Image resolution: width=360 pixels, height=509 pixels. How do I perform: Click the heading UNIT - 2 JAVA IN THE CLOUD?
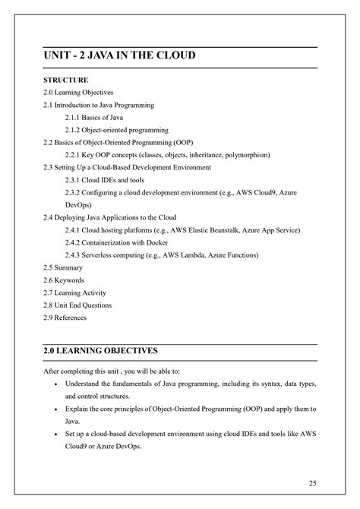click(x=119, y=56)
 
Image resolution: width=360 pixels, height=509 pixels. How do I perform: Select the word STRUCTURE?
click(x=66, y=80)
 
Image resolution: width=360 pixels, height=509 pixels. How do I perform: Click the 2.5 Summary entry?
click(x=64, y=267)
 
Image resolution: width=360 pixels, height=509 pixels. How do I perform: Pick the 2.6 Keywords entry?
click(x=65, y=280)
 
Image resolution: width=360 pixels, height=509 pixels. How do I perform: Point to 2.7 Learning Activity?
click(x=75, y=292)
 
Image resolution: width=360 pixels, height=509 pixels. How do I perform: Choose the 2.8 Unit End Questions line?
click(x=77, y=305)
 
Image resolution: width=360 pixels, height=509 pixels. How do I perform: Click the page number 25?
click(x=313, y=483)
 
